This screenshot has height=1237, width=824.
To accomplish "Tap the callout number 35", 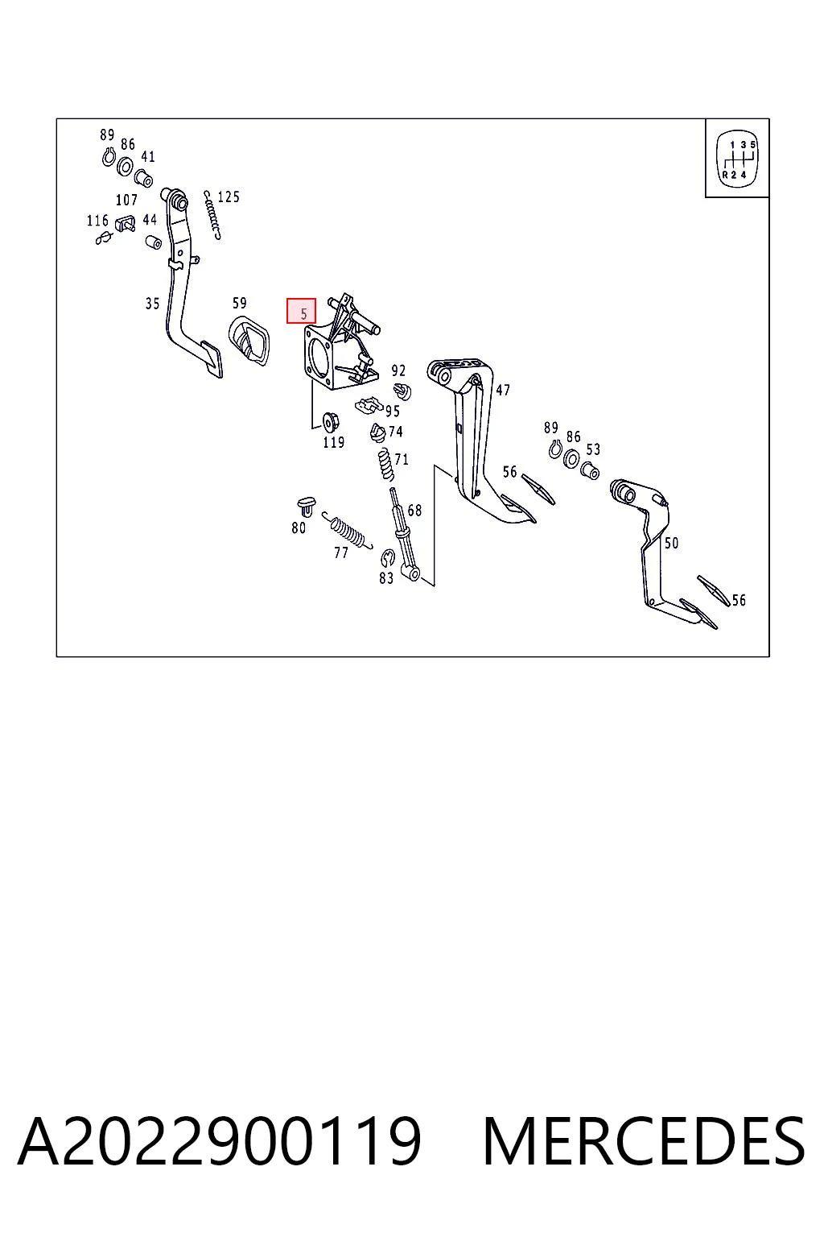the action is pos(152,303).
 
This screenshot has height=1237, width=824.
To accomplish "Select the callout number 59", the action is pos(240,303).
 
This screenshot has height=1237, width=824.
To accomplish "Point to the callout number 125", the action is pos(229,197).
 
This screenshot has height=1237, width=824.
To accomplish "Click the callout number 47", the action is pos(503,390).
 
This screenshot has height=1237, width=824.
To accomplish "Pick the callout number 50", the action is pos(671,543).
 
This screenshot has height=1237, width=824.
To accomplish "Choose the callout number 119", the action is pos(333,442).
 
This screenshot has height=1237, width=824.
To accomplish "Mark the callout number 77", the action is pos(341,552).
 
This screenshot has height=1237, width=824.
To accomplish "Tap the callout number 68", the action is pos(414,511).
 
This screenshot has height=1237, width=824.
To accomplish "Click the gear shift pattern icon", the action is pos(737,157).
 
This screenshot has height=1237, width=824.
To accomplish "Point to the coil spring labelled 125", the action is pos(212,215).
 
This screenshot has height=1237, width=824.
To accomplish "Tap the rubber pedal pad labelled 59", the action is pos(249,340).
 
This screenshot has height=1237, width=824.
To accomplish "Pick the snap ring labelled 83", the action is pos(388,558).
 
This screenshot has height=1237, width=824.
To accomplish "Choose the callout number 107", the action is pos(126,200).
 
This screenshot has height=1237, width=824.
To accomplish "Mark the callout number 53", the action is pos(593,449).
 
